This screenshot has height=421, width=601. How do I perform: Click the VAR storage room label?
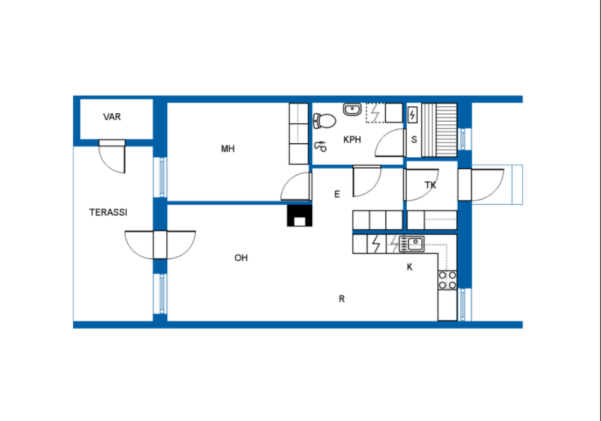point(112,117)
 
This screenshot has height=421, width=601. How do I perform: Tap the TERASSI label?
point(108,212)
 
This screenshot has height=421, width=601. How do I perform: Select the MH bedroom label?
point(228,149)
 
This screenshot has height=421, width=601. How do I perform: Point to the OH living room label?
point(241,258)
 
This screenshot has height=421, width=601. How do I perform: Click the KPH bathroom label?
point(352,140)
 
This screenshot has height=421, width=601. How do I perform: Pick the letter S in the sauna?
point(414,140)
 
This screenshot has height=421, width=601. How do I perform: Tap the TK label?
point(431,185)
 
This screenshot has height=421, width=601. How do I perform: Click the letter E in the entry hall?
point(337,194)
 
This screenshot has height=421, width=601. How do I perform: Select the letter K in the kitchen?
point(410,267)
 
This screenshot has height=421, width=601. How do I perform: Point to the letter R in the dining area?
point(342,298)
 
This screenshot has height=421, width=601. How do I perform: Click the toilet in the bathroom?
point(324,121)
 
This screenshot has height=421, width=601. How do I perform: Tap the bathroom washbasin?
point(352,109)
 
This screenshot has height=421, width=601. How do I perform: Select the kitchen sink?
point(412,244)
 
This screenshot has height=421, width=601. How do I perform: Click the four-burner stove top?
point(447,280)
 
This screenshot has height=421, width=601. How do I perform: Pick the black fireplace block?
point(300,216)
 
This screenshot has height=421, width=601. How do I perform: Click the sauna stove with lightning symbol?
point(412,115)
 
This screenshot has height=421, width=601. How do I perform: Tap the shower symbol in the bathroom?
point(320,146)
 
